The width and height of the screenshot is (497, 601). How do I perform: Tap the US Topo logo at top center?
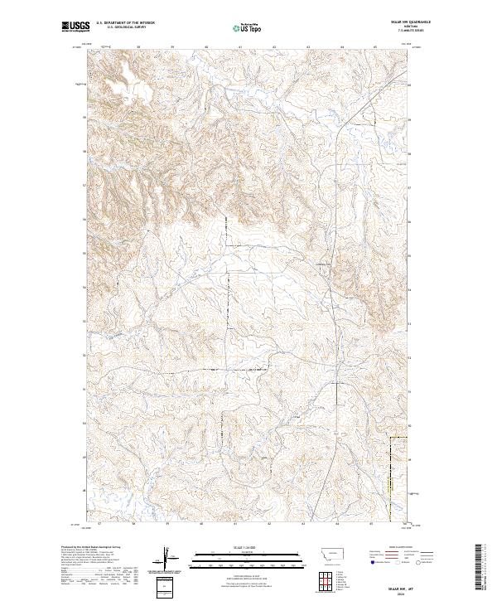click(x=248, y=27)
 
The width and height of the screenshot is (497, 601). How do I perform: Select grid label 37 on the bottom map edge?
click(x=99, y=523)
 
